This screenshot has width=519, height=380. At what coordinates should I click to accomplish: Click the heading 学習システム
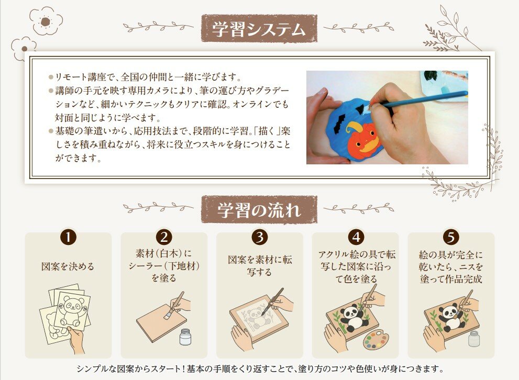[259, 29]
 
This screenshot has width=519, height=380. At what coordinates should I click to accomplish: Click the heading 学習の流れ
[259, 210]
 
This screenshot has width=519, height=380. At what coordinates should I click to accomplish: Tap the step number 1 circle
[68, 237]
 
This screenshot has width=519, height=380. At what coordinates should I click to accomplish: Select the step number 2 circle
[164, 237]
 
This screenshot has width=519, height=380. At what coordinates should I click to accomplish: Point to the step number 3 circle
[260, 237]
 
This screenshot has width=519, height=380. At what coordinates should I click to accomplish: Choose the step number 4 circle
[356, 237]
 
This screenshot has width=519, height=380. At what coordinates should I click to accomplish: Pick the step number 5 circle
[451, 237]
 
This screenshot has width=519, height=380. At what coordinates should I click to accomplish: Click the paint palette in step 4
[376, 341]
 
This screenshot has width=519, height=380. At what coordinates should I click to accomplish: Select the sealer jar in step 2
[185, 337]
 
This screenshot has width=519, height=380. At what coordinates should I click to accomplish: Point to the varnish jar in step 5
[474, 338]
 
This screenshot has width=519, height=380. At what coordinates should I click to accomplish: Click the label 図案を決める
[68, 266]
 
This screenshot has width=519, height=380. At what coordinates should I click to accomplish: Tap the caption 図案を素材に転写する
[260, 266]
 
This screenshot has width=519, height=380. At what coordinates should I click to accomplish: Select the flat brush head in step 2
[168, 314]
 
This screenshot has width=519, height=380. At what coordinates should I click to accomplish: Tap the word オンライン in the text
[252, 104]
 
